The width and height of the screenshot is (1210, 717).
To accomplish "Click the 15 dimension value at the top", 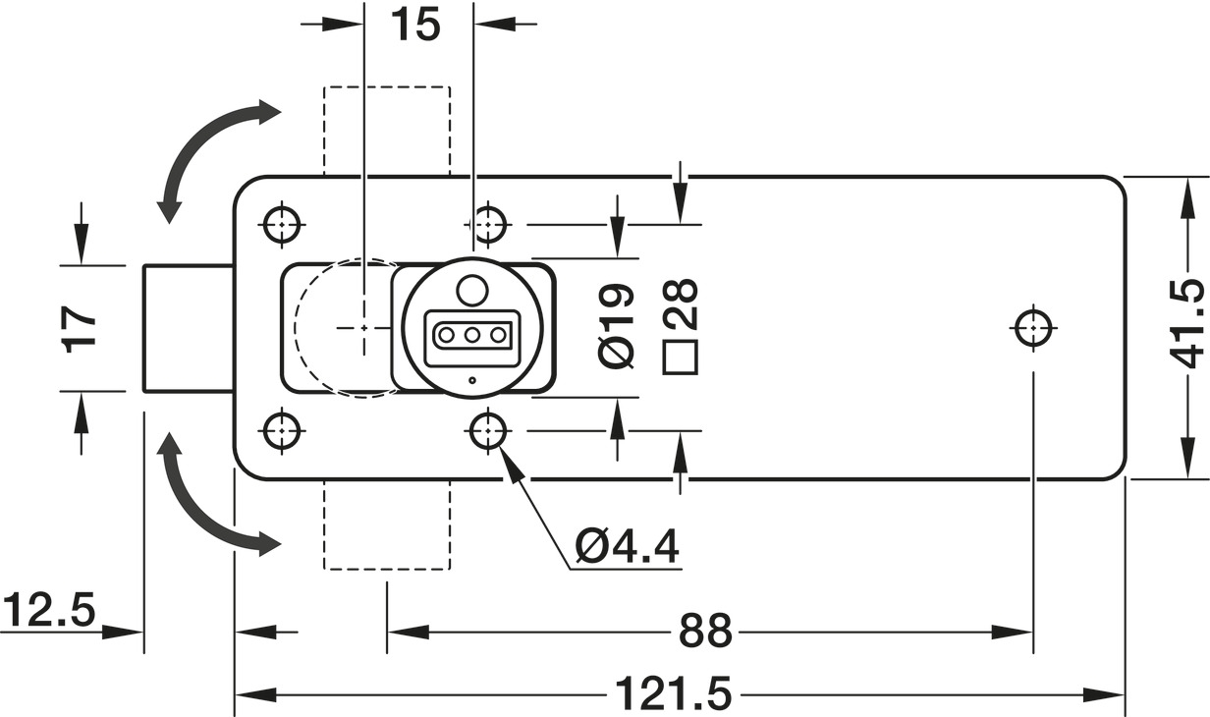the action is [x=415, y=25].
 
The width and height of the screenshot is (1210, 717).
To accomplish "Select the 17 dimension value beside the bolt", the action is [x=80, y=329].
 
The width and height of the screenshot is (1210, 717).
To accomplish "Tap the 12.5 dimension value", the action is [x=49, y=609].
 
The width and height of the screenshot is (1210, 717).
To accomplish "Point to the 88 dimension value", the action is [x=705, y=631].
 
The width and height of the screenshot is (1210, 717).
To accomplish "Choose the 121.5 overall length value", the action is [x=673, y=693].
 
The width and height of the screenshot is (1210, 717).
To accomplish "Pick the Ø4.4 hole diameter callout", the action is [x=627, y=547].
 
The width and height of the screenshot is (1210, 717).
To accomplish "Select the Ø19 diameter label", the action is [x=617, y=326].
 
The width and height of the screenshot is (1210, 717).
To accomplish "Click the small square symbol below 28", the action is [x=681, y=358].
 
